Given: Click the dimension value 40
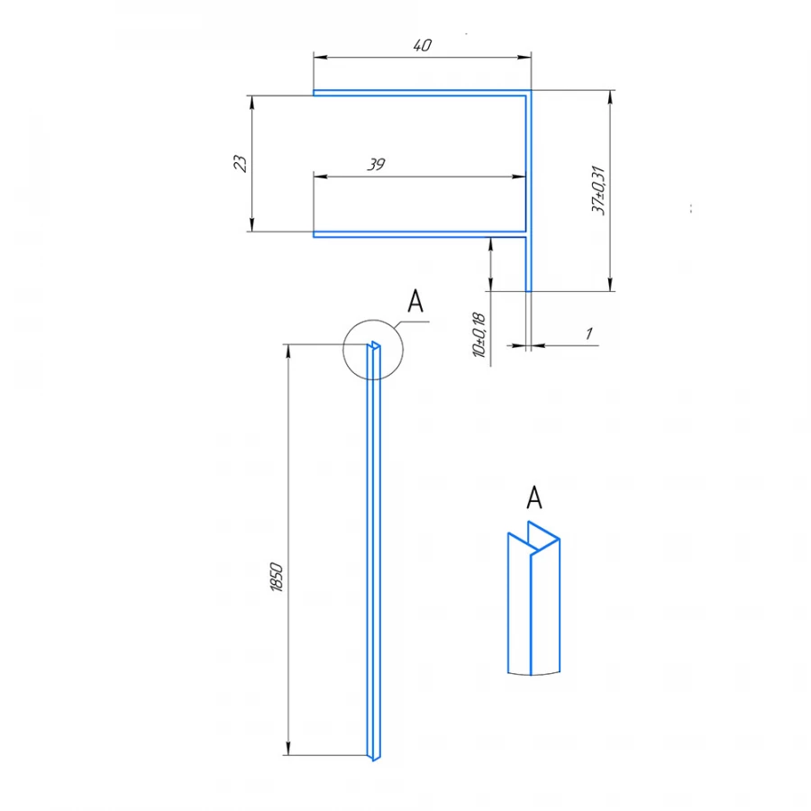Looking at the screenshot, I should [422, 46].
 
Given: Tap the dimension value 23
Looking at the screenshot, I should [239, 163].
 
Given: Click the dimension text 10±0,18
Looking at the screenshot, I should [478, 335].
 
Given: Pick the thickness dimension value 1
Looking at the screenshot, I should [588, 333].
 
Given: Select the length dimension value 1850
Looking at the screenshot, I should [277, 577].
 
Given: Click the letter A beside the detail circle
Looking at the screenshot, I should [415, 302].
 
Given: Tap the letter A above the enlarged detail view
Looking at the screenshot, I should [533, 497].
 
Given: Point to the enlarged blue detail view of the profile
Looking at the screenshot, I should [533, 604].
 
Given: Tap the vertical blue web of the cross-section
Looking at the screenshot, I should [529, 189].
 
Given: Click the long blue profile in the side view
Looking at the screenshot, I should [375, 559].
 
